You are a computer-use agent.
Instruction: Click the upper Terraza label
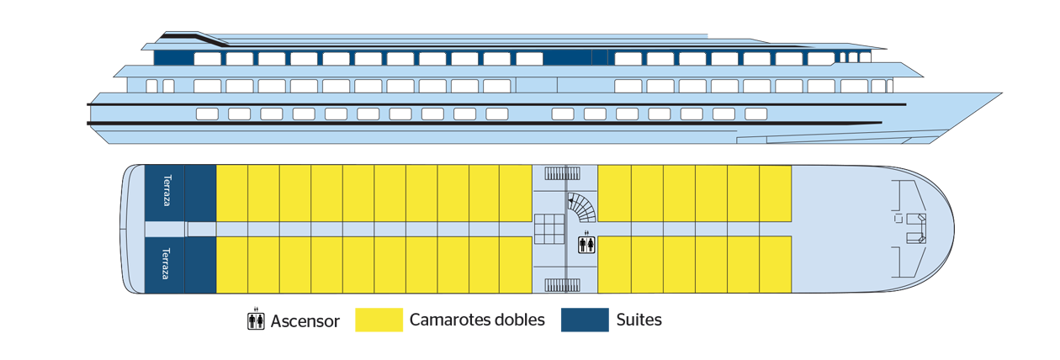pyautogui.click(x=167, y=191)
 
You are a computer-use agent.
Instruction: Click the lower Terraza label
pyautogui.click(x=166, y=264)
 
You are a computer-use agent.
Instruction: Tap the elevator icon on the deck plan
pyautogui.click(x=587, y=244)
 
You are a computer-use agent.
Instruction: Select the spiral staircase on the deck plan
pyautogui.click(x=581, y=208)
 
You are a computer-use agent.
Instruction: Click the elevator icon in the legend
pyautogui.click(x=256, y=320)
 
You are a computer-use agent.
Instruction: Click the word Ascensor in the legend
pyautogui.click(x=305, y=321)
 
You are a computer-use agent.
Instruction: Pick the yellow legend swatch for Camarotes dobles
pyautogui.click(x=379, y=320)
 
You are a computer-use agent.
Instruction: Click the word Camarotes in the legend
pyautogui.click(x=449, y=320)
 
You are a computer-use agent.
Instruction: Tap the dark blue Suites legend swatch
pyautogui.click(x=585, y=320)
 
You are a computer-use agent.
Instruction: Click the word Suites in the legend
pyautogui.click(x=639, y=320)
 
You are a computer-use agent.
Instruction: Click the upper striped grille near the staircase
pyautogui.click(x=562, y=173)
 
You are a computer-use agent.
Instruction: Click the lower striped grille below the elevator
pyautogui.click(x=562, y=285)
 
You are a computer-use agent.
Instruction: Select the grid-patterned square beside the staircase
pyautogui.click(x=549, y=229)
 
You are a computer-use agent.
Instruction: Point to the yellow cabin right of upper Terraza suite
pyautogui.click(x=232, y=193)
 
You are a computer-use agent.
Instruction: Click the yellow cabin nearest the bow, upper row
pyautogui.click(x=776, y=193)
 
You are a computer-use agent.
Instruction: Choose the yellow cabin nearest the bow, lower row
pyautogui.click(x=776, y=264)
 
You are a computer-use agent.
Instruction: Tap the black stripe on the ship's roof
pyautogui.click(x=194, y=39)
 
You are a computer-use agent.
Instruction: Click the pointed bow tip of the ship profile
pyautogui.click(x=1001, y=93)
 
